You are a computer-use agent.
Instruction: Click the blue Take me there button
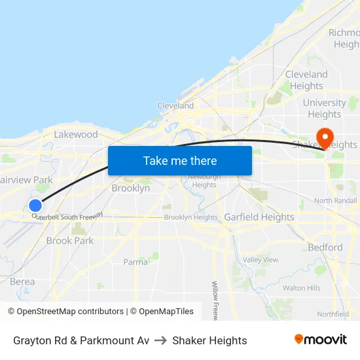[180, 160]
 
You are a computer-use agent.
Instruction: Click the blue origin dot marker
[35, 206]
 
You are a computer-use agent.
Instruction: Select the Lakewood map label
[76, 134]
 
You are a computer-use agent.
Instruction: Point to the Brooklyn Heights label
[190, 217]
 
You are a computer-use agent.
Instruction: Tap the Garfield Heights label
[259, 217]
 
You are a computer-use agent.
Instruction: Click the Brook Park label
[70, 240]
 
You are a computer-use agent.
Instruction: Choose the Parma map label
[135, 262]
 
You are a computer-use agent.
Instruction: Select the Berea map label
[22, 281]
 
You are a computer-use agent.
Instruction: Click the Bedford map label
[325, 247]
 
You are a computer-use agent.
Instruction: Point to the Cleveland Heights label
[306, 80]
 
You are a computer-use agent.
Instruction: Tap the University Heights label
[325, 108]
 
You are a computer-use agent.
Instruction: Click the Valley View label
[261, 260]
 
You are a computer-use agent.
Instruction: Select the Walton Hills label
[302, 288]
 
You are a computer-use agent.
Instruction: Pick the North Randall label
[336, 200]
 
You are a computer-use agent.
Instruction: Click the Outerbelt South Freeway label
[68, 215]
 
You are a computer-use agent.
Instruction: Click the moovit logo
[321, 340]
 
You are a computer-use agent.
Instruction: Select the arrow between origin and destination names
[161, 340]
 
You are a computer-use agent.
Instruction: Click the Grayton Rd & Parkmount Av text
[81, 340]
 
